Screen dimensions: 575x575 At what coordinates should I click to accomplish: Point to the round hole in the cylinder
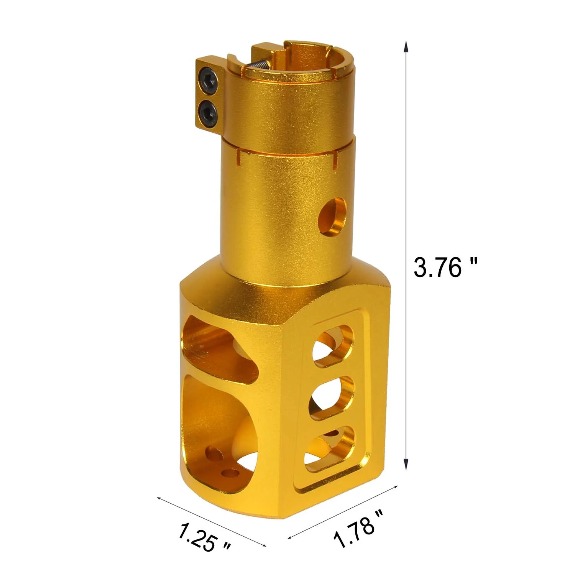click(332, 217)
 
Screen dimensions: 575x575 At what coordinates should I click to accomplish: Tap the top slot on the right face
click(333, 346)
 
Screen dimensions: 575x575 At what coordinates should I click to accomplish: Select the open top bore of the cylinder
click(303, 61)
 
